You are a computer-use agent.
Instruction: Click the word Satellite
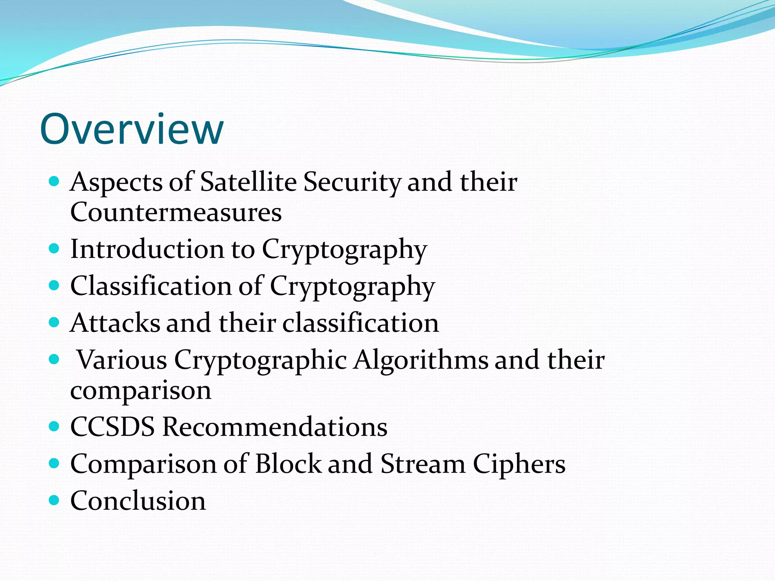[248, 182]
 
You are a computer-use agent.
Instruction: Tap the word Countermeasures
[176, 212]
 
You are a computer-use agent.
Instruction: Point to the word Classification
[151, 286]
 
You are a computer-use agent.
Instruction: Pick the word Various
[122, 360]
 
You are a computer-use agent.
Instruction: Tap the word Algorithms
[421, 360]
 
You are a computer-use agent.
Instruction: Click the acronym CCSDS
[112, 427]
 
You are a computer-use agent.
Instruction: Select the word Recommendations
[275, 427]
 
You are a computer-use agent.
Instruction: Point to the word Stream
[423, 464]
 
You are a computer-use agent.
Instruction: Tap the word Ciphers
[519, 464]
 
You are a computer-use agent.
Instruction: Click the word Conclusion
[138, 501]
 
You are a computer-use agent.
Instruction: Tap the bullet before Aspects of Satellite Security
[54, 182]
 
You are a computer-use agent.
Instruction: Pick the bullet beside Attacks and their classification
[54, 323]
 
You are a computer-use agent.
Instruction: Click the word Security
[352, 182]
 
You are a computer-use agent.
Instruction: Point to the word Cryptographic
[260, 360]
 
